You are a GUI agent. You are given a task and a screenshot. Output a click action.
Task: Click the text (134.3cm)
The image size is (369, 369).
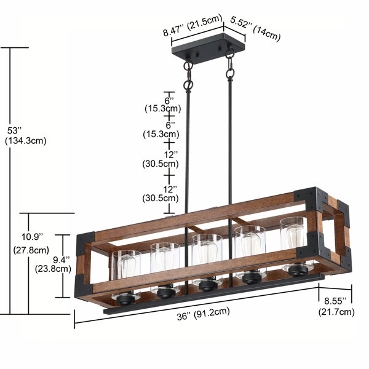coord(25,141)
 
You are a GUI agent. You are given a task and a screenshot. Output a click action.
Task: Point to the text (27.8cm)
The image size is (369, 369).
coord(31,250)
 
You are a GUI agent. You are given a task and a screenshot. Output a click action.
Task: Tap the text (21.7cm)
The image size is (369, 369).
coord(336,312)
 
